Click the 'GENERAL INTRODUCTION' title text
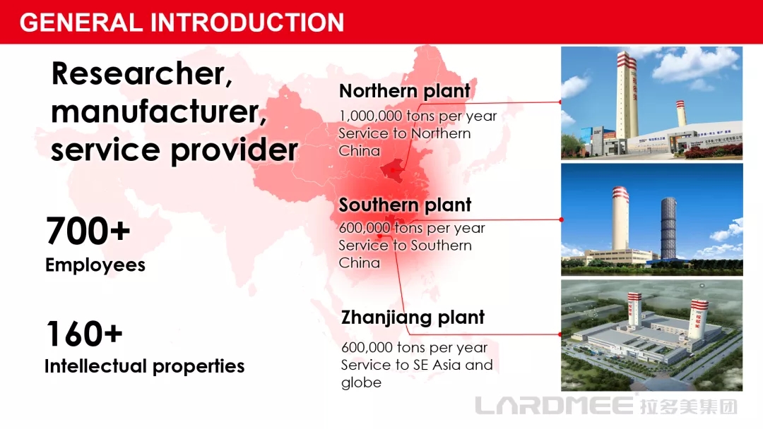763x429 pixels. tap(182, 23)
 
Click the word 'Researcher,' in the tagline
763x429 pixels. tap(141, 74)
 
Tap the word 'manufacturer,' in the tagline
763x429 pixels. tap(159, 111)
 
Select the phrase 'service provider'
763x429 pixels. tap(175, 150)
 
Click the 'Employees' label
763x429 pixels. tap(95, 265)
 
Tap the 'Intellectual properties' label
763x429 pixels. tap(145, 365)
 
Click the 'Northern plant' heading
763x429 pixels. tap(404, 91)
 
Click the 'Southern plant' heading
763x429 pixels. tap(405, 205)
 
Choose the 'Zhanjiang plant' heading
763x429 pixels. tap(413, 318)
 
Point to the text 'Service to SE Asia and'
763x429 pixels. tap(417, 364)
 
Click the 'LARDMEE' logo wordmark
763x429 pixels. tap(555, 405)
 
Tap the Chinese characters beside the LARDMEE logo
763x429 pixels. tap(688, 406)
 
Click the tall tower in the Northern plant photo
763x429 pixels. tap(627, 94)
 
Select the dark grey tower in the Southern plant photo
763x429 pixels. tap(668, 228)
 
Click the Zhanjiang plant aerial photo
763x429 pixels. tap(651, 335)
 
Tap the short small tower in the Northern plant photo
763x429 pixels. tap(680, 114)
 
